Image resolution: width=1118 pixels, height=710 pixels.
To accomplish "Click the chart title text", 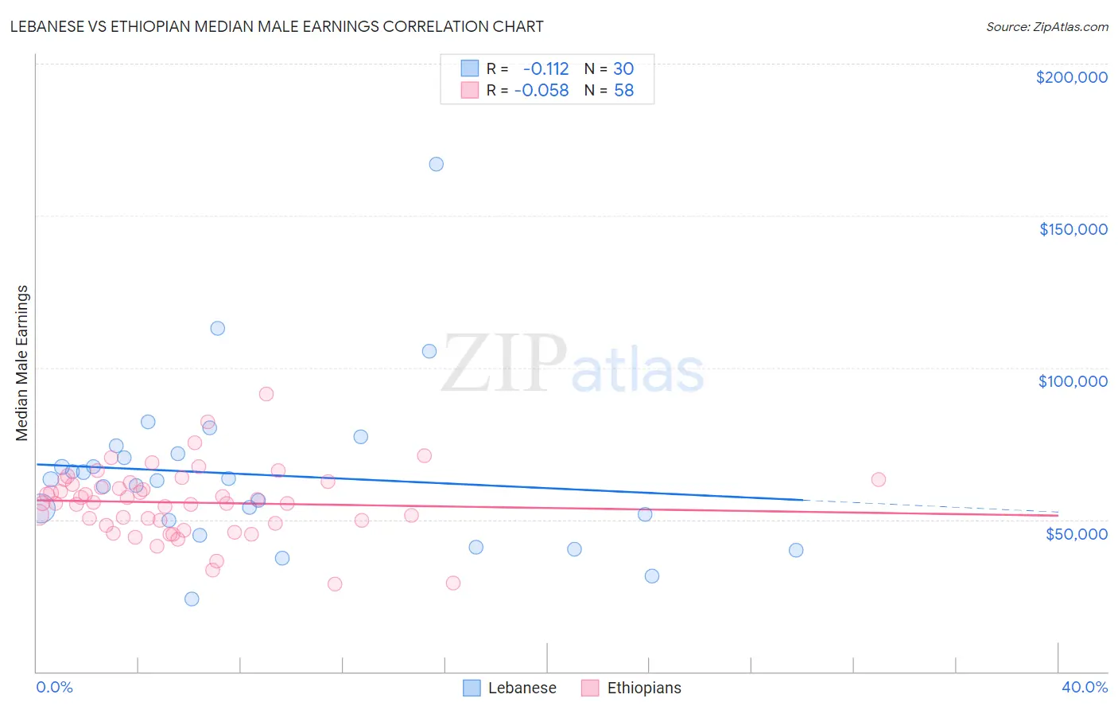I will click(277, 26).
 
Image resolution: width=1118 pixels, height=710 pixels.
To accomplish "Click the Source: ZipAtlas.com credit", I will click(1046, 26).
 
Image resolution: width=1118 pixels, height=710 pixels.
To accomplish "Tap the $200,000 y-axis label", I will click(1071, 77).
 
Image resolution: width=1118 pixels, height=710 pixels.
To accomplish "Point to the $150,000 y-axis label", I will click(1073, 229).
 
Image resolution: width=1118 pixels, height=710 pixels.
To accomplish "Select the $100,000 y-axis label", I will click(1073, 381).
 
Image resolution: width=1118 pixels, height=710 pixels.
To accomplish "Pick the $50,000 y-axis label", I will click(1076, 533).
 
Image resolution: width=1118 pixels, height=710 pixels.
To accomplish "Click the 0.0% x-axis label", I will click(54, 687).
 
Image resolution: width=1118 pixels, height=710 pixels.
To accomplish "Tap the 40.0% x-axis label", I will click(1084, 687).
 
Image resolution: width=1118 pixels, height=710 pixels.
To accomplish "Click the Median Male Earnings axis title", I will click(22, 363).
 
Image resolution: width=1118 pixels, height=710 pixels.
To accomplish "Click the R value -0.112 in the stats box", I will click(545, 68).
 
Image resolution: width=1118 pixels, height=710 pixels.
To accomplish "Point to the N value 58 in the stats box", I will click(623, 91).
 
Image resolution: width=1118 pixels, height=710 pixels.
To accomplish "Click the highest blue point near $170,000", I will click(436, 164).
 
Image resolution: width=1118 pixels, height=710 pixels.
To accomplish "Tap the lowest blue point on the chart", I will click(192, 599).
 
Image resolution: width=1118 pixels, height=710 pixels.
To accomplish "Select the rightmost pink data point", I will click(878, 479).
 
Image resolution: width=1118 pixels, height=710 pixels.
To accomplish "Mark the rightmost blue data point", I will click(795, 550).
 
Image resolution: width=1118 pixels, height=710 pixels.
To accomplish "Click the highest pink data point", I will click(266, 394).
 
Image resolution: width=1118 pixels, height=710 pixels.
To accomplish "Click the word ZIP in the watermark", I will click(504, 364).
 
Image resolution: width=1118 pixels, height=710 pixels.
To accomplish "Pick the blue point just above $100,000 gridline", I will click(429, 351).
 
